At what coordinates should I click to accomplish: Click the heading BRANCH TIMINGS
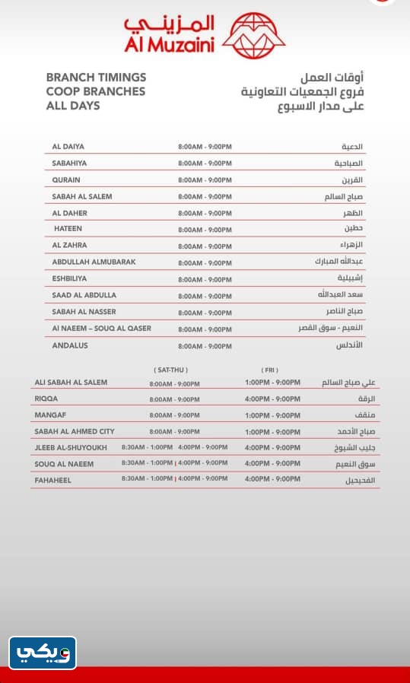(96, 78)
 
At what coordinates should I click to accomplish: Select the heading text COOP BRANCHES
(95, 91)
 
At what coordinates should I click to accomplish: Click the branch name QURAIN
(67, 179)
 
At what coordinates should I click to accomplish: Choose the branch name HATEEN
(68, 228)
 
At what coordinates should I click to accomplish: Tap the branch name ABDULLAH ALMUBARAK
(94, 262)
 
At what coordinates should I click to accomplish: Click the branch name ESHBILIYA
(69, 278)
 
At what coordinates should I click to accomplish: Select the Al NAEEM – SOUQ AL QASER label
(101, 329)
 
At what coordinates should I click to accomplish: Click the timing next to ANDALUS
(205, 346)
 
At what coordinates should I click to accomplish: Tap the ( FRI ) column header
(270, 370)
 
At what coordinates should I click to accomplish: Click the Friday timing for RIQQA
(272, 399)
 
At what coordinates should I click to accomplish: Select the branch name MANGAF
(49, 415)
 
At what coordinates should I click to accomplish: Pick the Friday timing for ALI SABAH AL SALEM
(272, 383)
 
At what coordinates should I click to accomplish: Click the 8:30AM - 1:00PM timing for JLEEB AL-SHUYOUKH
(147, 447)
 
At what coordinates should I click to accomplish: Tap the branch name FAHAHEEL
(53, 480)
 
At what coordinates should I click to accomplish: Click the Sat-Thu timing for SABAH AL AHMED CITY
(174, 431)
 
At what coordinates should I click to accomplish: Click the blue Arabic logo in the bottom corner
(43, 653)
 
